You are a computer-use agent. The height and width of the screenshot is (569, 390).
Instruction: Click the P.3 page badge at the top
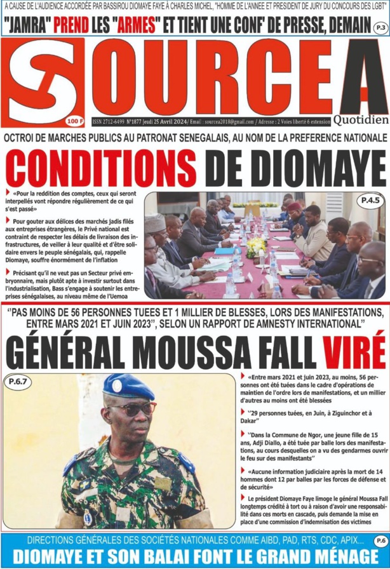click(x=379, y=29)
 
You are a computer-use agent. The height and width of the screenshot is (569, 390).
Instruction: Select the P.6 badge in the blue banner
click(x=379, y=540)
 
